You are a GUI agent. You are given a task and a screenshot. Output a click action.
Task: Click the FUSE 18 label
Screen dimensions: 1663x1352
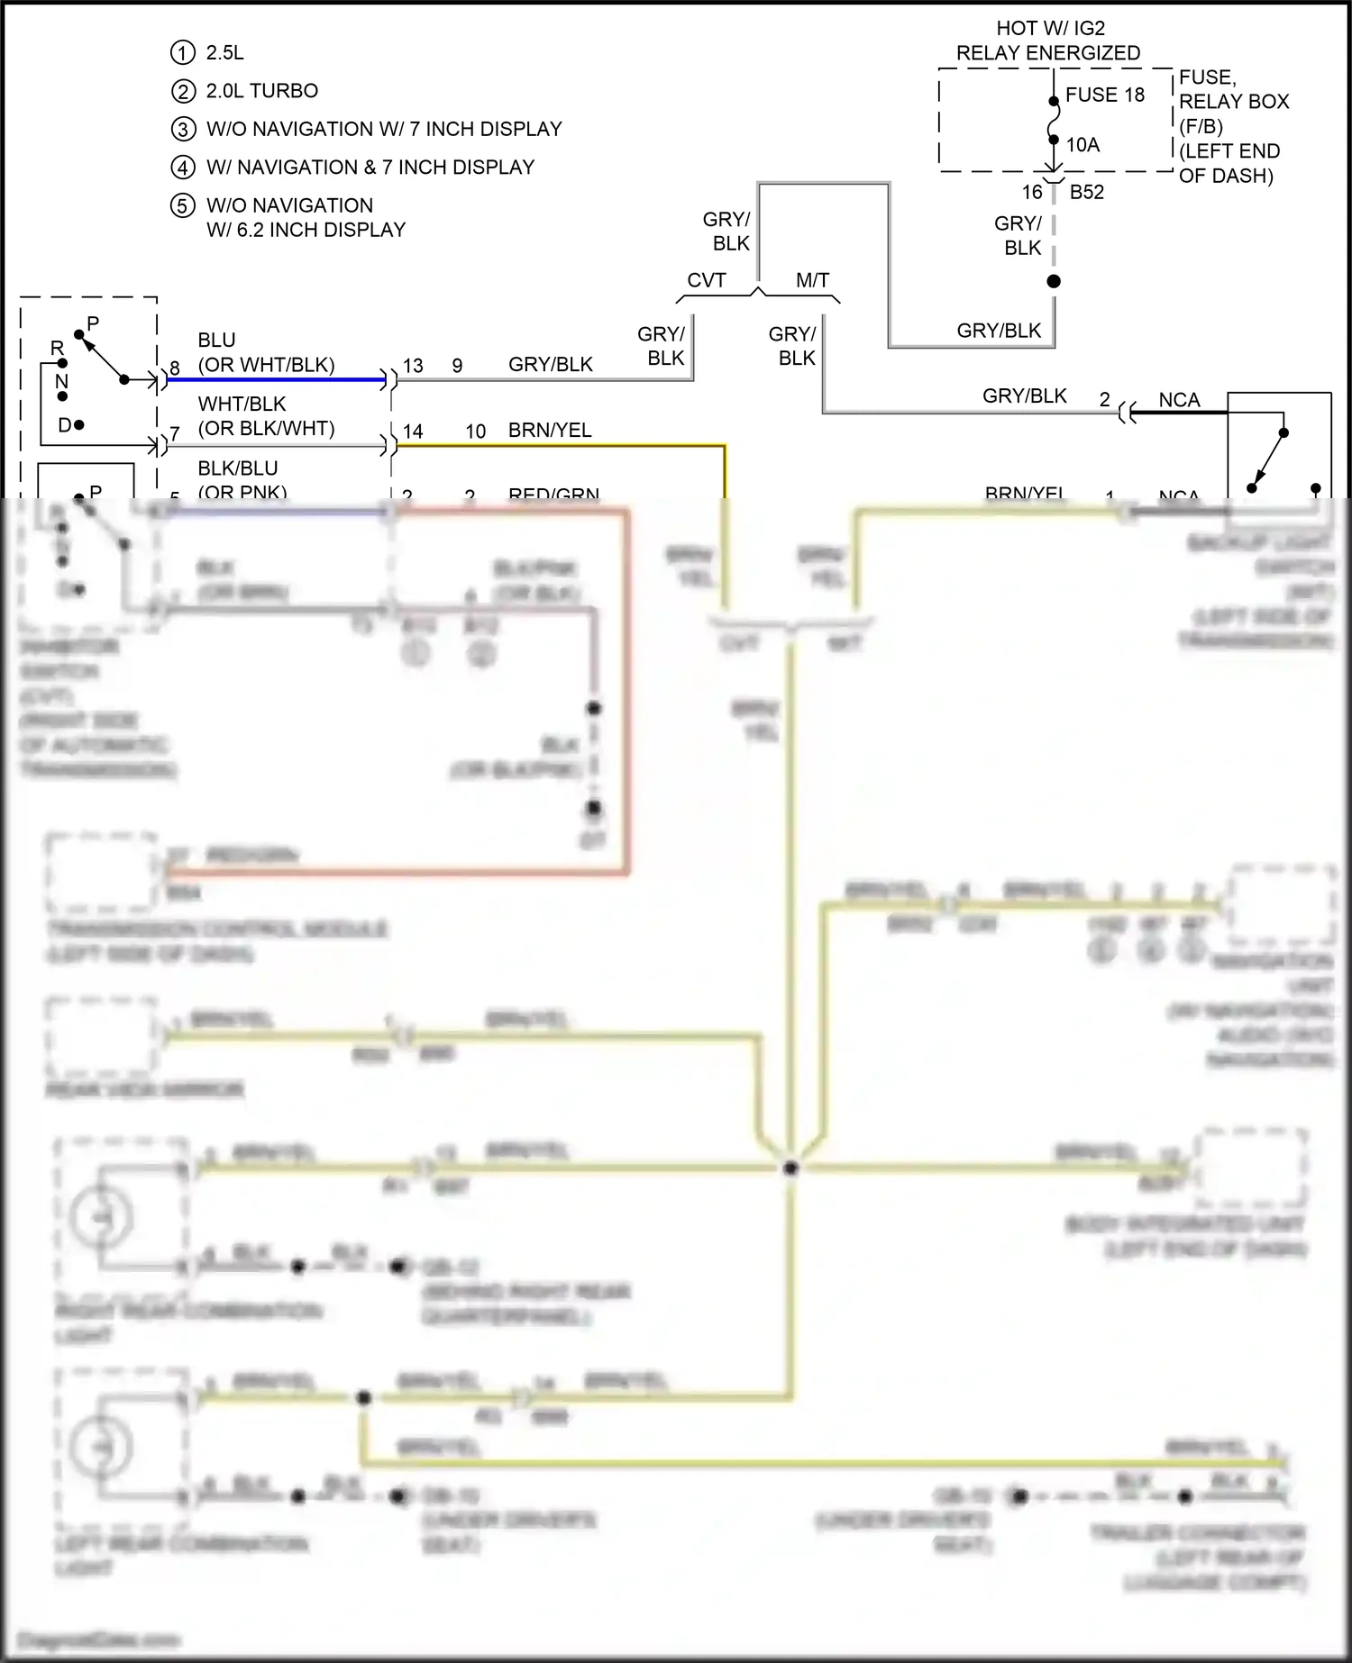point(1104,95)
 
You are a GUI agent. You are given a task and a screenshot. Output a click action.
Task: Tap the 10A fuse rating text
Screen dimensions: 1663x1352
point(1083,145)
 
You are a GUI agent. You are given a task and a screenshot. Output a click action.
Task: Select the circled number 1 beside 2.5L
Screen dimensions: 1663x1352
point(182,53)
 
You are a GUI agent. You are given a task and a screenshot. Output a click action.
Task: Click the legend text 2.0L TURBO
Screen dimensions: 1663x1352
point(261,91)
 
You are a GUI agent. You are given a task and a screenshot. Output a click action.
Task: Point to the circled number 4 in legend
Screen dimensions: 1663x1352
point(182,168)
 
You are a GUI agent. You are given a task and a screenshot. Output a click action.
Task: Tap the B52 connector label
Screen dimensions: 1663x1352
point(1086,192)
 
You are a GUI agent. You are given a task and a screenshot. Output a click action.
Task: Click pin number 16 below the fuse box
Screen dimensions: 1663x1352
point(1032,192)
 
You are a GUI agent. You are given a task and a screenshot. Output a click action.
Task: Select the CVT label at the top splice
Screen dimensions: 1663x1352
point(706,280)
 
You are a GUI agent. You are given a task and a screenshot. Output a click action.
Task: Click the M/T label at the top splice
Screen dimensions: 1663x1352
point(812,280)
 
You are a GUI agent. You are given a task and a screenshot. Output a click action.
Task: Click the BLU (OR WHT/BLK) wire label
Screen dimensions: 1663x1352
point(266,352)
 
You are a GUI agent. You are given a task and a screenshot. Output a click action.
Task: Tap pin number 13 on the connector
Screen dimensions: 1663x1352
point(413,366)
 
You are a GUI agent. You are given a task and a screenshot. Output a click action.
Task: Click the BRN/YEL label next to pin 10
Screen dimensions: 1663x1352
point(550,431)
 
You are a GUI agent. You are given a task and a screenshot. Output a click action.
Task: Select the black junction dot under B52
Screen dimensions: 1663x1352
point(1054,281)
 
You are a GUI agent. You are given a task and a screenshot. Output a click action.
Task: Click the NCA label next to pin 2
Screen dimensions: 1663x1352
point(1179,400)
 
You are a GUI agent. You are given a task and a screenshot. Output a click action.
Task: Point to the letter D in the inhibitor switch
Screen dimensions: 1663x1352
point(65,425)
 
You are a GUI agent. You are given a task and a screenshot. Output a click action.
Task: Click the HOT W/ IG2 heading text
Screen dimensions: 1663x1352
point(1050,29)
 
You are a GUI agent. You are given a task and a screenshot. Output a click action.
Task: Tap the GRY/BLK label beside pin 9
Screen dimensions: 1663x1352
point(550,365)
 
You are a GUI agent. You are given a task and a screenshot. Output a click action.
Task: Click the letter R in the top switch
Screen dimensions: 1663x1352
point(57,349)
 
